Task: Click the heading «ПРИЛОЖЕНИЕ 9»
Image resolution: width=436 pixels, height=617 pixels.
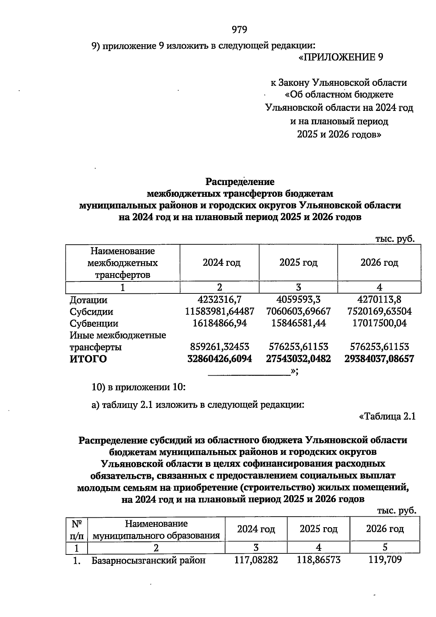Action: coord(341,57)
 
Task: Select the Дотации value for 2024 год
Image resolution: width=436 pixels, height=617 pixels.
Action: coord(219,300)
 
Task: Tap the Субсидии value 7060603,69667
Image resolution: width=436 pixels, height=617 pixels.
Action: coord(298,312)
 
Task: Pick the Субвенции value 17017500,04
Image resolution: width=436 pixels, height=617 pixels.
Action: coord(379,323)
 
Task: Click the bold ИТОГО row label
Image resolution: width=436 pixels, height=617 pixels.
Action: coord(88,359)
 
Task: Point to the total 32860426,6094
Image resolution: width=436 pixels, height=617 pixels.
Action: coord(219,359)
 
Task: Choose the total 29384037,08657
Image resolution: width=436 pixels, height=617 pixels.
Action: coord(379,359)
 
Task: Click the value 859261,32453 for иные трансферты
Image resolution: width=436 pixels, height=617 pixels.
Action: coord(219,347)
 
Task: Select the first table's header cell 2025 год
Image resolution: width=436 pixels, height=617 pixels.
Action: coord(298,263)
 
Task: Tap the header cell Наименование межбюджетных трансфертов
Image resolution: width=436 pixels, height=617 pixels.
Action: coord(122,263)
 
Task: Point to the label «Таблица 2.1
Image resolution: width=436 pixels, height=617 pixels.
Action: coord(387,417)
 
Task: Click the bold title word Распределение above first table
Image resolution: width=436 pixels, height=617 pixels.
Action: coord(240,181)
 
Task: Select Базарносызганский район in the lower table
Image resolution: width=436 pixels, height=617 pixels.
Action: coord(148,560)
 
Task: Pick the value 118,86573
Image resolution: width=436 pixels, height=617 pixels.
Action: coord(319,560)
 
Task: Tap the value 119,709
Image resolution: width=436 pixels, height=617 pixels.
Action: coord(385,560)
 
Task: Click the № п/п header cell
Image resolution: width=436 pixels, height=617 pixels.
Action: coord(77,529)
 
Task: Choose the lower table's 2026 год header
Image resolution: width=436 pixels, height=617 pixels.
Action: coord(385,529)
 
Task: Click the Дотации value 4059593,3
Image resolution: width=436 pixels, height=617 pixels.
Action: coord(298,300)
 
